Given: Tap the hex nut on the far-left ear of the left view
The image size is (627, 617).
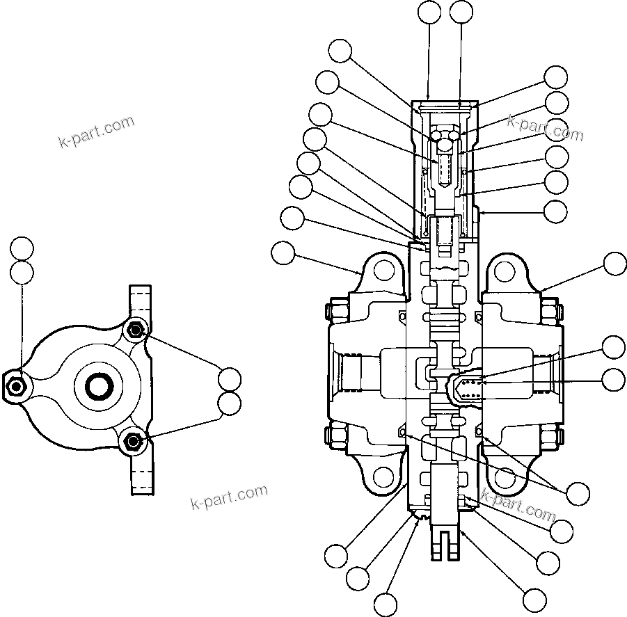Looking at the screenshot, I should [x=15, y=387].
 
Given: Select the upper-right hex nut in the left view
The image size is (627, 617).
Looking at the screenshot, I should [x=135, y=330].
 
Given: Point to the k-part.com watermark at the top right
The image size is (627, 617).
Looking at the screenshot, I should [x=546, y=127].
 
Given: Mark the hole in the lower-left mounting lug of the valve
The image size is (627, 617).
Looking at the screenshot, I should [x=381, y=476].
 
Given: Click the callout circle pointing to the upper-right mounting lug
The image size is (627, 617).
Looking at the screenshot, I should [x=614, y=264].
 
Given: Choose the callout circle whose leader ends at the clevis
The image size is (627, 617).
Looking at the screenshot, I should [x=534, y=598].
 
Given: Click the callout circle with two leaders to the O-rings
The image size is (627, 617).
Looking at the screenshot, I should [x=578, y=493].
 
